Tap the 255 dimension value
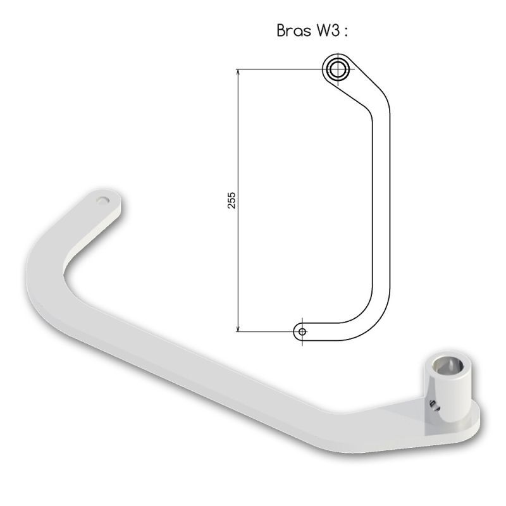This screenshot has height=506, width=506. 231,200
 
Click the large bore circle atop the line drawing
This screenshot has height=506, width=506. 338,69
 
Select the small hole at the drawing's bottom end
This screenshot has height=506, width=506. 302,331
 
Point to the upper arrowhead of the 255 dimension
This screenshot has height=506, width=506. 238,72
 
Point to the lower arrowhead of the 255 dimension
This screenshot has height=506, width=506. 238,328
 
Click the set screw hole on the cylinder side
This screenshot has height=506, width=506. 434,405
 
